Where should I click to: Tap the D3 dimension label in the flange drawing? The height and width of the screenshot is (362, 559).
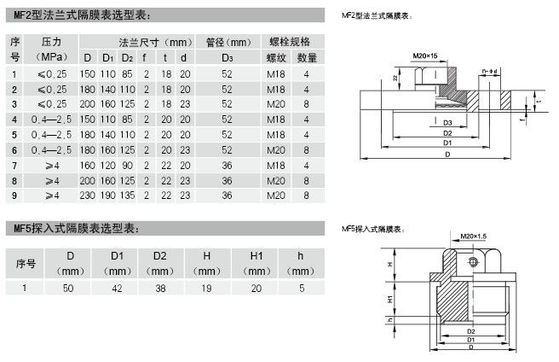click(x=447, y=123)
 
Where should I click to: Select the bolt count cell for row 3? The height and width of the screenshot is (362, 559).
click(x=307, y=104)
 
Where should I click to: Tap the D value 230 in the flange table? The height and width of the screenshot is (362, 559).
click(x=87, y=196)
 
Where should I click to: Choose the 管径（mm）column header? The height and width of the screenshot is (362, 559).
click(x=227, y=42)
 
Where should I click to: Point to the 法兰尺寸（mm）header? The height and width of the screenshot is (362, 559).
click(x=141, y=42)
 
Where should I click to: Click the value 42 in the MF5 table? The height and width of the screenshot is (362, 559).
click(x=117, y=289)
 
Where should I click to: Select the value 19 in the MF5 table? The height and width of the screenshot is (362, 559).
click(x=207, y=289)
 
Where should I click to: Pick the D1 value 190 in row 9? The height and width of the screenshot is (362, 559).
click(x=107, y=196)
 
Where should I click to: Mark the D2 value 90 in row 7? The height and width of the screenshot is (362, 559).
click(x=127, y=165)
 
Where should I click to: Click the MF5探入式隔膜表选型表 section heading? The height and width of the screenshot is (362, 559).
click(x=74, y=228)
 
